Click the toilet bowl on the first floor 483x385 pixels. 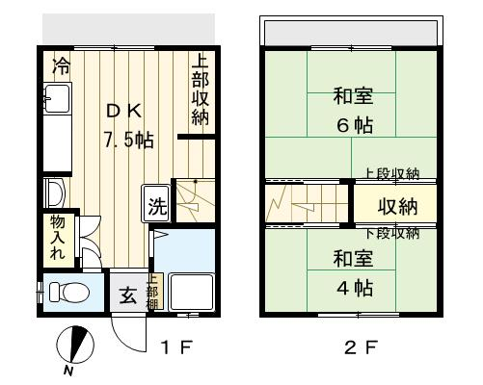69,292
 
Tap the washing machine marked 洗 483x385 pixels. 156,203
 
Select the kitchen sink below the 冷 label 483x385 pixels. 57,98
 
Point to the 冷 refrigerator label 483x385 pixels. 62,65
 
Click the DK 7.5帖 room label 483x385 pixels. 128,125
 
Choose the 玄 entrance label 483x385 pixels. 128,295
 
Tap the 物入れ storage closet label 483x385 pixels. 58,238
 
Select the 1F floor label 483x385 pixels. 176,346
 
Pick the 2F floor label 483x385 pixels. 361,346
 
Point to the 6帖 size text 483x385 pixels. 355,125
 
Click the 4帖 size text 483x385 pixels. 355,288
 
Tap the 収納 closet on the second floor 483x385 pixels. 395,203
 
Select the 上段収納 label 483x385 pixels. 391,173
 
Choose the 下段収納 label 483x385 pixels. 392,233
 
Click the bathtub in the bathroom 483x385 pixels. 192,292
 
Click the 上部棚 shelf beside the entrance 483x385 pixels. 155,292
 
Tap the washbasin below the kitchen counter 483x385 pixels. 55,193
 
